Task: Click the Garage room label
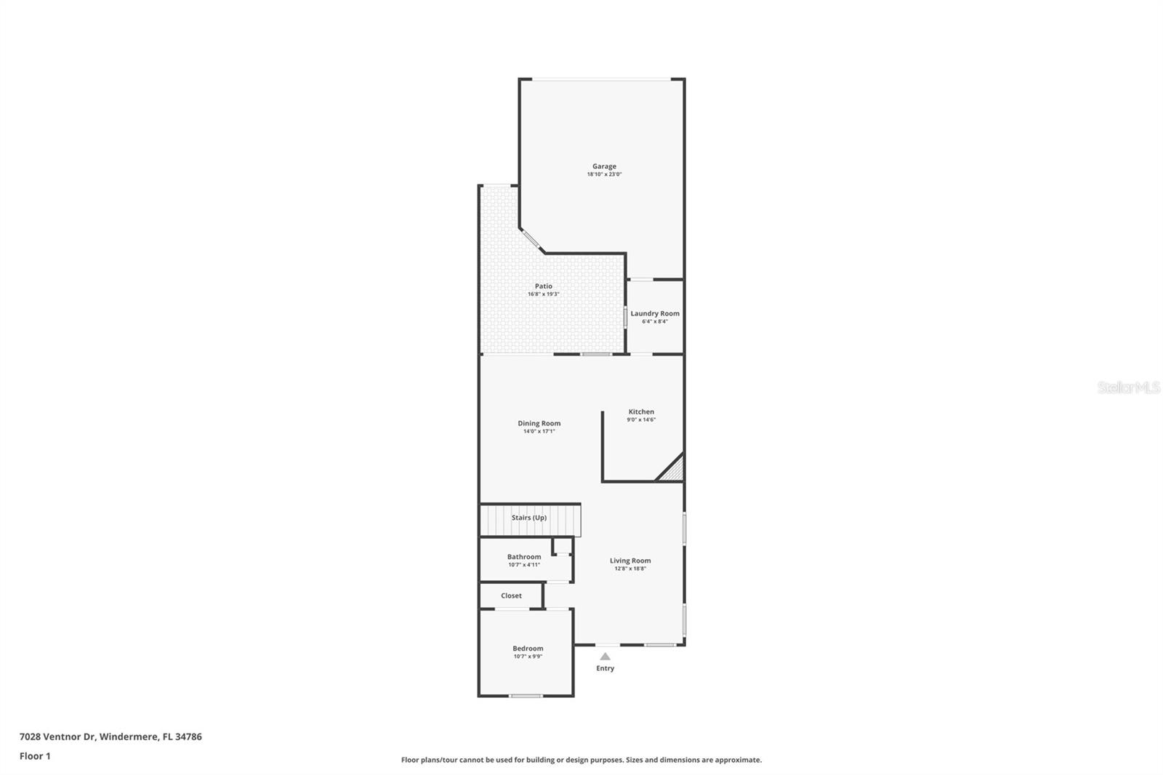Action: pyautogui.click(x=603, y=166)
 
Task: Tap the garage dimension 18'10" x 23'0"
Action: pyautogui.click(x=604, y=174)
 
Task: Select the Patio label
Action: pyautogui.click(x=544, y=286)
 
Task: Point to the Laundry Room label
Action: pyautogui.click(x=654, y=313)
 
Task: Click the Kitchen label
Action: pyautogui.click(x=641, y=411)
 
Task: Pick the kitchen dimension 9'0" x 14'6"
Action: pyautogui.click(x=641, y=419)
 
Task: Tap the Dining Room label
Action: pyautogui.click(x=539, y=423)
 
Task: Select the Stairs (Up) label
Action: pyautogui.click(x=528, y=518)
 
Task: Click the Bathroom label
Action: pyautogui.click(x=524, y=557)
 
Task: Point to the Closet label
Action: pyautogui.click(x=511, y=595)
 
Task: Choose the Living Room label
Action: pyautogui.click(x=630, y=561)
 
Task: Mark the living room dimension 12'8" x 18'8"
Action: pyautogui.click(x=630, y=569)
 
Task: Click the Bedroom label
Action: pyautogui.click(x=528, y=648)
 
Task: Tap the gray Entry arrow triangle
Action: pyautogui.click(x=605, y=656)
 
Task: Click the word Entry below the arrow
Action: pyautogui.click(x=605, y=668)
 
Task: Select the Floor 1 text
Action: pyautogui.click(x=35, y=756)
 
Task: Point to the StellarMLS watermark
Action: pyautogui.click(x=1128, y=387)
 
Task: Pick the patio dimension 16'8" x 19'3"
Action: pyautogui.click(x=543, y=294)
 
